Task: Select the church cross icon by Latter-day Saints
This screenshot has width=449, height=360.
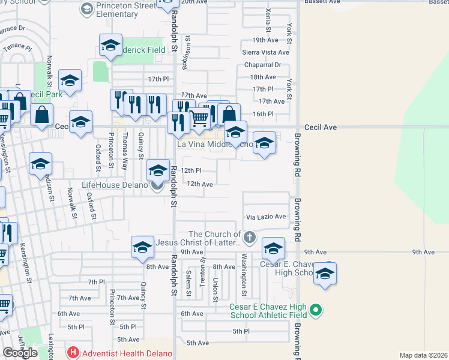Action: [x=250, y=238]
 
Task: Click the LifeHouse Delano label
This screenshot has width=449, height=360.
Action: [x=114, y=184]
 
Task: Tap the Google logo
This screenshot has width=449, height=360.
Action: [x=20, y=353]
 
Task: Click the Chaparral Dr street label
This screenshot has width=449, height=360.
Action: [x=261, y=65]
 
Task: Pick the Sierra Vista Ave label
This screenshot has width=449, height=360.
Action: [x=265, y=52]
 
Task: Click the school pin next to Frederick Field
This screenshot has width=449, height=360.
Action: [x=110, y=46]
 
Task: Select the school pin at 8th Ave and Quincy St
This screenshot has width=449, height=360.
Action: [x=142, y=247]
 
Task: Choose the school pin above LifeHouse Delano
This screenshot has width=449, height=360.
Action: [x=158, y=170]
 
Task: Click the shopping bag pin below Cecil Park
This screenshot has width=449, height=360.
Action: [x=43, y=115]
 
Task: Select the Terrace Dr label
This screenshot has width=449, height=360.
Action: [x=13, y=28]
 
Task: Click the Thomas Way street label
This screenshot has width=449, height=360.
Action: [x=125, y=146]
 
